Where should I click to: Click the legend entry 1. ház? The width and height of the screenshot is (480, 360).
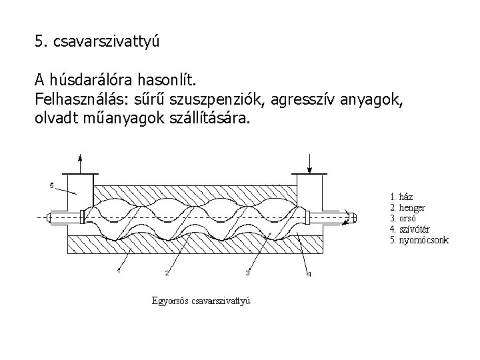401,197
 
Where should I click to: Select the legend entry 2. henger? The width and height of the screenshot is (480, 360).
407,207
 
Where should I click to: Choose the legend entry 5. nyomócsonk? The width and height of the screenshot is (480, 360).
418,239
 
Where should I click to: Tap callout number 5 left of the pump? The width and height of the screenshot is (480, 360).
52,185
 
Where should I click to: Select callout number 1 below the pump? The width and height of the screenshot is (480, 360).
118,271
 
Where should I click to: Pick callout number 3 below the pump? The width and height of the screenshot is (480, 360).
247,272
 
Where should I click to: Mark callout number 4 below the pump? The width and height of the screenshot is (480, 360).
308,274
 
